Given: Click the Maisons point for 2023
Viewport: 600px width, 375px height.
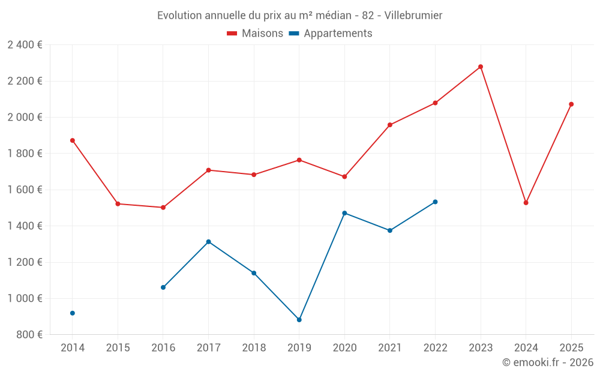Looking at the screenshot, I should [x=481, y=67].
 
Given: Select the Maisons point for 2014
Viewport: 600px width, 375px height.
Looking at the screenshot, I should [x=73, y=140].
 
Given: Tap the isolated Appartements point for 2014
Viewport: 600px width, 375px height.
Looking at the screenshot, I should [x=73, y=313].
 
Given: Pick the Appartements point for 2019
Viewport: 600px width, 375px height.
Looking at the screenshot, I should [x=299, y=320].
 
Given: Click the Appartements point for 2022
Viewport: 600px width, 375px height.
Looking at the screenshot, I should [x=435, y=202].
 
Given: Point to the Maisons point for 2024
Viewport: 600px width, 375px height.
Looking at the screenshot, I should [x=526, y=203].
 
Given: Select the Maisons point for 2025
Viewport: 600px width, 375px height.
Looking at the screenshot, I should [x=571, y=104].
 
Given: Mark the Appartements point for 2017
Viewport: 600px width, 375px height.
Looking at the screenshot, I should [x=209, y=242].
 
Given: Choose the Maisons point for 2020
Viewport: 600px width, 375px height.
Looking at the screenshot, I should [x=344, y=176].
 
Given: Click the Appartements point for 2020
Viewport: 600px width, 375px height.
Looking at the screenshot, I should [x=344, y=213].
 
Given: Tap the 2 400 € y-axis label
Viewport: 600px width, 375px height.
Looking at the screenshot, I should [x=25, y=45].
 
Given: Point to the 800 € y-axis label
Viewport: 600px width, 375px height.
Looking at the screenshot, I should [x=29, y=335].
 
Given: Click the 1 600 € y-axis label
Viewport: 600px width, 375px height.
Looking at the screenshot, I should [x=25, y=190].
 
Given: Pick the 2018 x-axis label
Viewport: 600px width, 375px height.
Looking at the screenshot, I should [x=254, y=348].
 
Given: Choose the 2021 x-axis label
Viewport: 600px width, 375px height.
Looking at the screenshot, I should [x=390, y=348].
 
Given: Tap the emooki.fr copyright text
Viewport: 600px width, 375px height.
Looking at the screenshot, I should [x=547, y=362].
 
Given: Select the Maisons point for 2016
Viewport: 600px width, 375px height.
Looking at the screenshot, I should [x=163, y=208].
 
